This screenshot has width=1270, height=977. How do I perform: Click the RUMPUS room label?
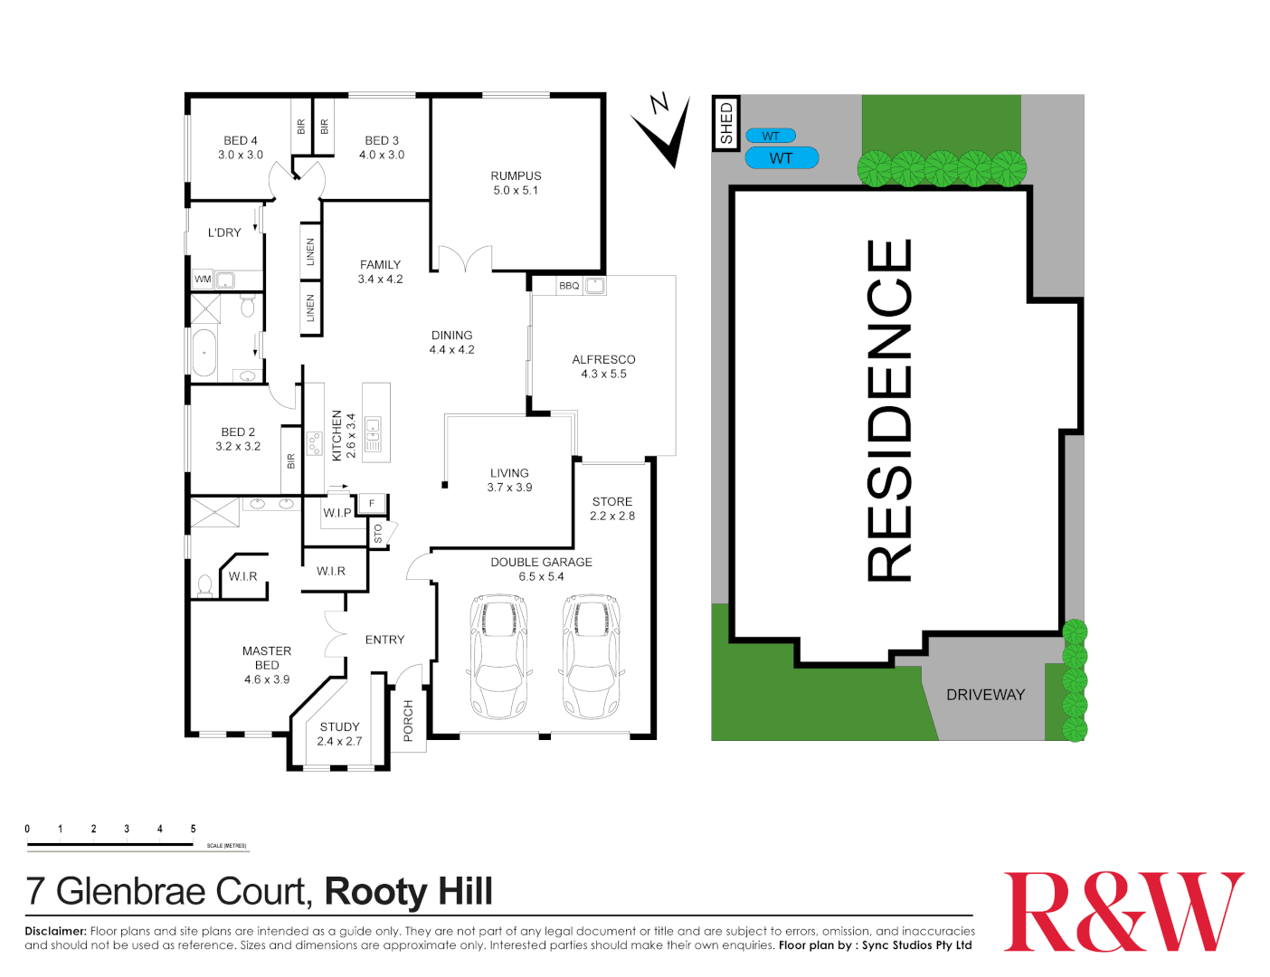click(516, 175)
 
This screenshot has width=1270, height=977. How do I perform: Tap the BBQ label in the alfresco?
click(569, 286)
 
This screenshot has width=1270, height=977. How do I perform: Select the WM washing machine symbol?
click(203, 280)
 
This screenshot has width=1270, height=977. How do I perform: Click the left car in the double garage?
click(498, 656)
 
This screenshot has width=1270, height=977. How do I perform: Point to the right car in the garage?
click(592, 656)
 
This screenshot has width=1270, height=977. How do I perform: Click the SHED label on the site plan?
click(725, 123)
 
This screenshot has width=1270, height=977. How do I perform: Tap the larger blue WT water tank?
click(782, 157)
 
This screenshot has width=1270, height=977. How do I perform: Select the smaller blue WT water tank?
click(771, 136)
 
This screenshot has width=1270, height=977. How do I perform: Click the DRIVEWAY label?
click(985, 695)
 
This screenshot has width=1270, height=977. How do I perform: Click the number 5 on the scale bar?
click(193, 829)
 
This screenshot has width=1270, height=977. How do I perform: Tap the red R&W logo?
click(1123, 912)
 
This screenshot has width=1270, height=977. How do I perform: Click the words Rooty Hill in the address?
click(409, 892)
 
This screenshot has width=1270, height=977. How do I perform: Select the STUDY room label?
click(339, 727)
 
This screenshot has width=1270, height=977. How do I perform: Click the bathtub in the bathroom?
click(204, 353)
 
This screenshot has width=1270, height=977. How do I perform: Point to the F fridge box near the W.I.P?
click(372, 503)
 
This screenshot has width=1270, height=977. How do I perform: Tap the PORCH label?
click(408, 720)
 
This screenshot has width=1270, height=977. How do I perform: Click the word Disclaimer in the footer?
click(55, 931)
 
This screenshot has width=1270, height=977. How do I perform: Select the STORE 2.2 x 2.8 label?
click(611, 508)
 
